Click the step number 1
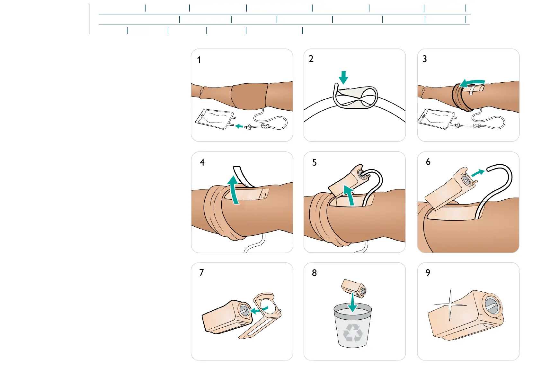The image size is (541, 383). pyautogui.click(x=199, y=60)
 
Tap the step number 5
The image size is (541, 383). pyautogui.click(x=315, y=162)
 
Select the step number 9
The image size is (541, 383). pyautogui.click(x=428, y=273)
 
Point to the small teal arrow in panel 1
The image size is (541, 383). pyautogui.click(x=239, y=126)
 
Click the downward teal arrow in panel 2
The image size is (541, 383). pyautogui.click(x=343, y=77)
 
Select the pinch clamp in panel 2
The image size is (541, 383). pyautogui.click(x=355, y=97)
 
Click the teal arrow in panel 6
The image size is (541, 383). pyautogui.click(x=478, y=173)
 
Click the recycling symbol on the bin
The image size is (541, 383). pyautogui.click(x=353, y=333)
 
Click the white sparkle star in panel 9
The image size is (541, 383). pyautogui.click(x=450, y=305)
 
